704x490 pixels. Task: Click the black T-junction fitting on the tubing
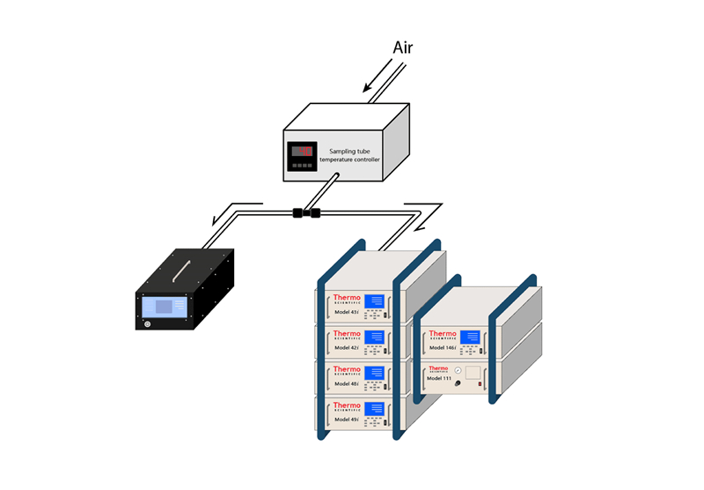[305, 212]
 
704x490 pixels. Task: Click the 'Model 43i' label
[346, 311]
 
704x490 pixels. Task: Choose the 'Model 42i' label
[346, 347]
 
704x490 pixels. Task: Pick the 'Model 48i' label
[346, 383]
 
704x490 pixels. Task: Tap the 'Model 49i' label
[346, 419]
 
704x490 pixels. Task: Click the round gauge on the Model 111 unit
[458, 372]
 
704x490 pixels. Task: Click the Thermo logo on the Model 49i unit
[347, 406]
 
